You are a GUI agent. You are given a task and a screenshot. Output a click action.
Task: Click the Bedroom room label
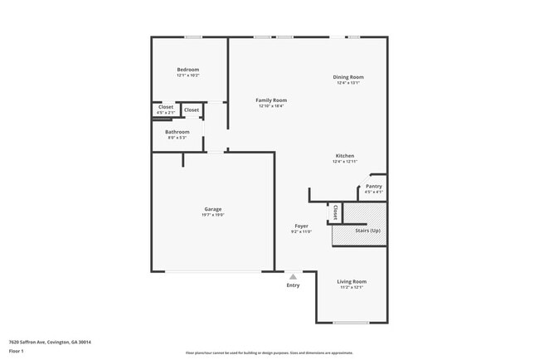[x=188, y=70]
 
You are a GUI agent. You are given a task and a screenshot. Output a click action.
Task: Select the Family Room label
[x=271, y=100]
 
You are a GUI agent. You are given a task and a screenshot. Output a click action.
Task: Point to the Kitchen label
[x=345, y=156]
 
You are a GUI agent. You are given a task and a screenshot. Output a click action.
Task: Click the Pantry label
[x=374, y=187]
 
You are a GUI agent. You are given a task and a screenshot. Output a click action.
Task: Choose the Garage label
[x=213, y=209]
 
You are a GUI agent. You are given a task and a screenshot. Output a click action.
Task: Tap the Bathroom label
[x=177, y=132]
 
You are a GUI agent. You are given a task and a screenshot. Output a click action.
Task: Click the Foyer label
[x=302, y=226]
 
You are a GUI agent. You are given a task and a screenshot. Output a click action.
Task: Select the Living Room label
[x=352, y=281]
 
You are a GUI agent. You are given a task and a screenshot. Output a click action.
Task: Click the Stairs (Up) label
[x=367, y=230]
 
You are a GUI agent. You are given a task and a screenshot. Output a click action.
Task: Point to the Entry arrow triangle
[x=293, y=276]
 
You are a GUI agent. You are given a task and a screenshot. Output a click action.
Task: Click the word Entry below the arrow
[x=293, y=285]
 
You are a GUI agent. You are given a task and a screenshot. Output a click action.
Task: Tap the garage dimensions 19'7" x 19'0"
[x=213, y=215]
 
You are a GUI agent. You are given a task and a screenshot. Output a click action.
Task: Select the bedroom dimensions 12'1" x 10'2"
[x=188, y=75]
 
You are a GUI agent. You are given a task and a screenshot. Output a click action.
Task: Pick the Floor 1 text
[x=17, y=350]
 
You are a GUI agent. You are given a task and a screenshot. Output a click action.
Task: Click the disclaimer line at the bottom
[x=269, y=353]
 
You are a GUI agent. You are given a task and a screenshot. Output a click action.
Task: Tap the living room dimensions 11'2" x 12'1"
[x=352, y=287]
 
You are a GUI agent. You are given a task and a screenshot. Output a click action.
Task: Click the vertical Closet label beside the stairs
[x=335, y=212]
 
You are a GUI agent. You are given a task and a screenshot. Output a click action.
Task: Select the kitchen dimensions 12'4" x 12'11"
[x=345, y=162]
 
